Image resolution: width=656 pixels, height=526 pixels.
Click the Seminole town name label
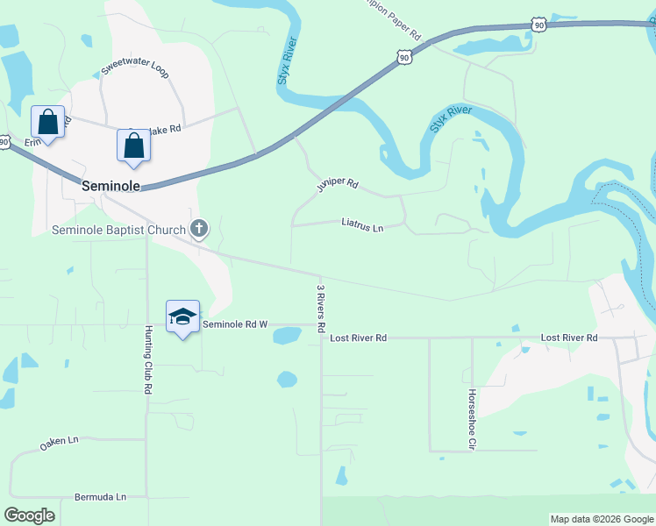click(111, 187)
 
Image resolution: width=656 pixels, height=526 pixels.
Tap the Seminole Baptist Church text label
click(119, 231)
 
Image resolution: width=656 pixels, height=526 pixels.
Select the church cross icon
click(199, 230)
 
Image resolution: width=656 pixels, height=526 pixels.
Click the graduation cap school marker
click(182, 317)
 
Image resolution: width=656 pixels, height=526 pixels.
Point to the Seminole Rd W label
click(234, 324)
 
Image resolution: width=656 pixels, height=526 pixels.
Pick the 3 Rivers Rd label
click(322, 308)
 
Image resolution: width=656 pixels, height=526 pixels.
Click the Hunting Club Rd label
click(148, 359)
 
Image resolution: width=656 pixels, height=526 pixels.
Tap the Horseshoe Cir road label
click(472, 419)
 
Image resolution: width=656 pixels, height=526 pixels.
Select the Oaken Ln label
click(59, 444)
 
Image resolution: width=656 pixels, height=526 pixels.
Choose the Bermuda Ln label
click(100, 497)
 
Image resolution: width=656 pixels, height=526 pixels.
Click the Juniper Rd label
click(338, 185)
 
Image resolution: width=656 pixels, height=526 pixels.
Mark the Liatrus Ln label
click(363, 226)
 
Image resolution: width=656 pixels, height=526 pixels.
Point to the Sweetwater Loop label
click(134, 68)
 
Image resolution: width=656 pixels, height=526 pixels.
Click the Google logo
click(29, 515)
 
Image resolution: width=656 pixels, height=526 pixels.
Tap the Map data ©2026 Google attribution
click(602, 519)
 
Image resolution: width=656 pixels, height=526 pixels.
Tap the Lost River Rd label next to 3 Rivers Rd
click(359, 338)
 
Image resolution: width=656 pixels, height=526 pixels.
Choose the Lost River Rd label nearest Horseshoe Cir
click(568, 338)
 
